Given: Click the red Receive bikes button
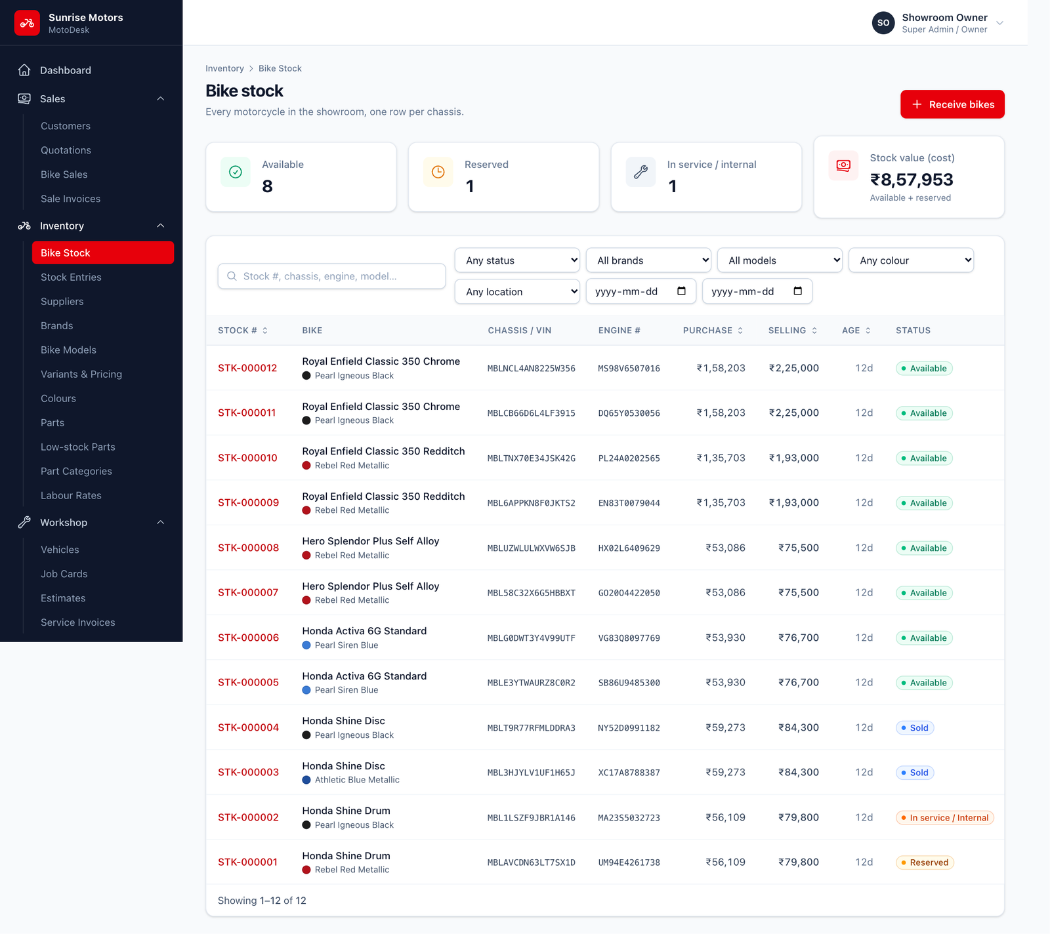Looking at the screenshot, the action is pyautogui.click(x=952, y=104).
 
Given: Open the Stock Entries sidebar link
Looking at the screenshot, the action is pyautogui.click(x=71, y=277).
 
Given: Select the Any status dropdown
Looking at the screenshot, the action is pyautogui.click(x=517, y=260).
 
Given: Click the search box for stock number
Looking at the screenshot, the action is pyautogui.click(x=331, y=276).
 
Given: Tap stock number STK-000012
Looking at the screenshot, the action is pyautogui.click(x=247, y=368).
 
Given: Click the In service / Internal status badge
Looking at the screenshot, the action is pyautogui.click(x=945, y=818).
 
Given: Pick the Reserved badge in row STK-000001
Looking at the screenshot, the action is pyautogui.click(x=925, y=863).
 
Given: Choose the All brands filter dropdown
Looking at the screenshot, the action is pyautogui.click(x=648, y=260).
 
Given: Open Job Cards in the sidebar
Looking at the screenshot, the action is pyautogui.click(x=64, y=574).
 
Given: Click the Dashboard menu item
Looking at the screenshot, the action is pyautogui.click(x=66, y=70).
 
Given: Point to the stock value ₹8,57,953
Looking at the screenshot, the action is pyautogui.click(x=912, y=180).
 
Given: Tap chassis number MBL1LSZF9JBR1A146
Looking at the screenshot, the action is pyautogui.click(x=532, y=818).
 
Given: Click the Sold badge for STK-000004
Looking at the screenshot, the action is pyautogui.click(x=915, y=728).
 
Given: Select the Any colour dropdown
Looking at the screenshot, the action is pyautogui.click(x=911, y=260).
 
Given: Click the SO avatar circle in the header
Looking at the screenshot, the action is pyautogui.click(x=883, y=23).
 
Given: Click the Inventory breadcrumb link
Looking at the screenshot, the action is pyautogui.click(x=224, y=68).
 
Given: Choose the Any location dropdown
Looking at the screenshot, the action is pyautogui.click(x=517, y=291).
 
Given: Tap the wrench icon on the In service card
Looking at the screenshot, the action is pyautogui.click(x=640, y=172).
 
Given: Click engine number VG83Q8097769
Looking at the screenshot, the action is pyautogui.click(x=629, y=638).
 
